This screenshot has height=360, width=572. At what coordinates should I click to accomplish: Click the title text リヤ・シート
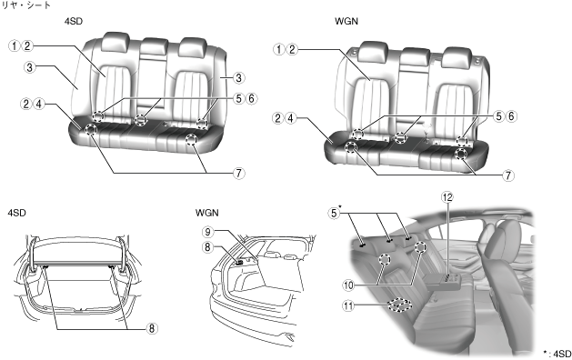click(26, 5)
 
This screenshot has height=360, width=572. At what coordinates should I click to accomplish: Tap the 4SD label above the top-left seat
click(74, 21)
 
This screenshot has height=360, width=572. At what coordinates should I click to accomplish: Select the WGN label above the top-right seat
click(346, 21)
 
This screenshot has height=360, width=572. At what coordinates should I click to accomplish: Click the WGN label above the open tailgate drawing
click(206, 213)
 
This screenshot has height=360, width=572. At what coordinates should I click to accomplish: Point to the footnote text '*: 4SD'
click(557, 353)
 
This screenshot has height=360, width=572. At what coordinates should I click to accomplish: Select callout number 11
click(348, 305)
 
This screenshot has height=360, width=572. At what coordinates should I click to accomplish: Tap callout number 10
click(348, 285)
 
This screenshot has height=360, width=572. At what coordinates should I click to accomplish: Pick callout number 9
click(207, 232)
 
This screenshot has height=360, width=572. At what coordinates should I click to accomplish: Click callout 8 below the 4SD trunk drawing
click(151, 328)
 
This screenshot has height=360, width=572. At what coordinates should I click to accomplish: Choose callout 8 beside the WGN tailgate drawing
click(207, 247)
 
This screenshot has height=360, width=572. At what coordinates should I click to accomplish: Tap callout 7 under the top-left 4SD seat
click(238, 173)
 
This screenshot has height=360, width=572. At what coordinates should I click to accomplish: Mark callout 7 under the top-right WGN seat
click(508, 175)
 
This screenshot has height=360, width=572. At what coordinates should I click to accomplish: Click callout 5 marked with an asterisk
click(334, 213)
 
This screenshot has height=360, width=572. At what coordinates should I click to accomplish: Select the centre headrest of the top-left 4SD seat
click(155, 45)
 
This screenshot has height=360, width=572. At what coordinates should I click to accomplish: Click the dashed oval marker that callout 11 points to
click(400, 305)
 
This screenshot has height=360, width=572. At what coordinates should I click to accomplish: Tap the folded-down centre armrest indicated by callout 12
click(443, 281)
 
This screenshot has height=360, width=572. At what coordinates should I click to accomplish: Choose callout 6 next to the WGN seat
click(511, 116)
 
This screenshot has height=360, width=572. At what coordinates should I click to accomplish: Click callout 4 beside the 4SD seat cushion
click(38, 104)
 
